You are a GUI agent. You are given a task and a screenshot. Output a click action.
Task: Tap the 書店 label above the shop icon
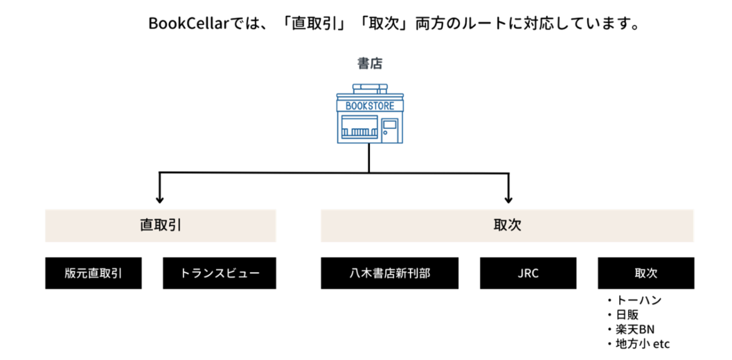369,64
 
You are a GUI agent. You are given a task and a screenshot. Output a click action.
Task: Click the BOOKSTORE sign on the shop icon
369,106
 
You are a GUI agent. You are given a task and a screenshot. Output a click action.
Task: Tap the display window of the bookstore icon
359,129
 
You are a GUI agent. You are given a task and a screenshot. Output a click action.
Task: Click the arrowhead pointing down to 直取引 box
161,197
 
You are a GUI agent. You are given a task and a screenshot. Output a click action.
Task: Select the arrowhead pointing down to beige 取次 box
510,197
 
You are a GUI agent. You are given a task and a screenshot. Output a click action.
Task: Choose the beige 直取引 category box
161,226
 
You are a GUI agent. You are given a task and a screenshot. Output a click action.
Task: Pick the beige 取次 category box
507,226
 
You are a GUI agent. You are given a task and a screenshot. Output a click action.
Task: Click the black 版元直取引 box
93,273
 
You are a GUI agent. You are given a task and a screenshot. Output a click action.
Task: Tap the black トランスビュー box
220,273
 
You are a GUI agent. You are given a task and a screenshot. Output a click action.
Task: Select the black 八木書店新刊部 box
389,273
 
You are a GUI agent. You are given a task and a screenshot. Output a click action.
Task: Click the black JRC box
528,273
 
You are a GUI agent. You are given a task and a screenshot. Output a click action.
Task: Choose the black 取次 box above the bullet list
645,273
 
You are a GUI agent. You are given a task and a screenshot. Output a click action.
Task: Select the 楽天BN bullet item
634,329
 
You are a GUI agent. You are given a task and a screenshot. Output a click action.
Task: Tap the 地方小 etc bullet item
641,343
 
